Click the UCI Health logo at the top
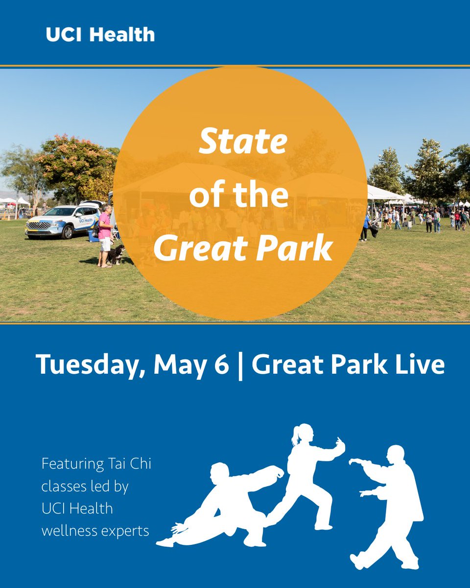click(x=100, y=35)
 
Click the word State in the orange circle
click(x=243, y=143)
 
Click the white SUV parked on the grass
click(x=62, y=221)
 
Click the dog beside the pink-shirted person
click(x=116, y=254)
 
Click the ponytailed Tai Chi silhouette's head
click(x=303, y=434)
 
